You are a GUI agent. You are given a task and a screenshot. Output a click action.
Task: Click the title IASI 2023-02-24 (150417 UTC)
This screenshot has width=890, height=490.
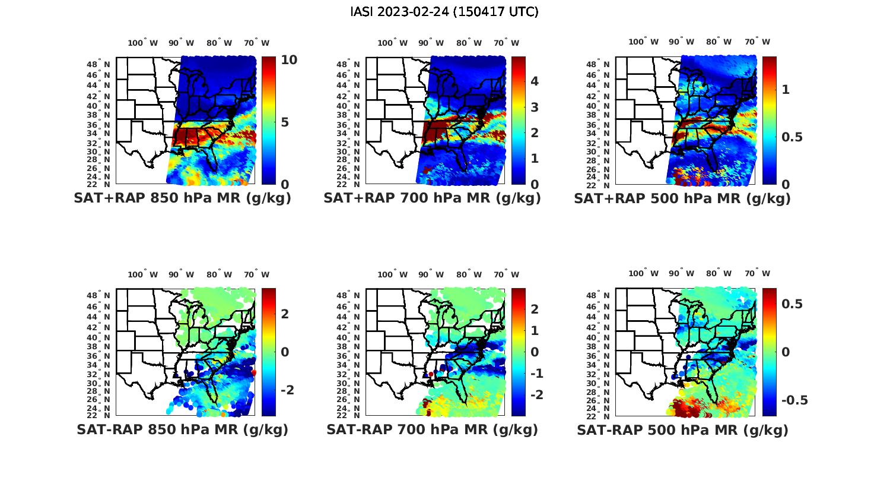[444, 12]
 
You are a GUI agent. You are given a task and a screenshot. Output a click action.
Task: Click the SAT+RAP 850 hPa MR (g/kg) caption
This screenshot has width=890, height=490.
[183, 198]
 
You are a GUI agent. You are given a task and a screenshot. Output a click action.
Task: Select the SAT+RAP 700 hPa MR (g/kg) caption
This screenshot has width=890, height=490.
[433, 198]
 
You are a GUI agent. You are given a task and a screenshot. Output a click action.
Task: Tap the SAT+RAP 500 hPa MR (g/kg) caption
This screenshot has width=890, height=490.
[682, 198]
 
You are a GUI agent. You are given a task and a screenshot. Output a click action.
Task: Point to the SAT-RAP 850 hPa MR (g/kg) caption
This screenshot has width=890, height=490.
[183, 429]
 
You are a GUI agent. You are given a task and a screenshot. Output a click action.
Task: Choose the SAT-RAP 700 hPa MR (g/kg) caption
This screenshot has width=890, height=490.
[433, 429]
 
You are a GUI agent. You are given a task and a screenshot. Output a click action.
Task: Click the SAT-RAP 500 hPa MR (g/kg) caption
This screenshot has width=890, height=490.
[682, 429]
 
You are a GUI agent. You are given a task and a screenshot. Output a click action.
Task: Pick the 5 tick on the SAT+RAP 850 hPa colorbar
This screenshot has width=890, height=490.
[285, 122]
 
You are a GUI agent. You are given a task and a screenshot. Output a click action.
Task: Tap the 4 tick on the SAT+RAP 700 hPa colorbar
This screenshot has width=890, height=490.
[534, 81]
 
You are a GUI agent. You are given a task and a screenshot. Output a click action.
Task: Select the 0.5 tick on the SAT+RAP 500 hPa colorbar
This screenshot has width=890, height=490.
[793, 137]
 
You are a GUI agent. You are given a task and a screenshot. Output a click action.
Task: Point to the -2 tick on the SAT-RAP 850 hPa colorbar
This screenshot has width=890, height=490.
[287, 390]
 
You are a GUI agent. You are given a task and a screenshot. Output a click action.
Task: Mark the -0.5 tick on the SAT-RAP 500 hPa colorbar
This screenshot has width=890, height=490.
[794, 400]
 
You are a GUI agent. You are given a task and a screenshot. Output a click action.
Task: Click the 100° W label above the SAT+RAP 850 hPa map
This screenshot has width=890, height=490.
[143, 43]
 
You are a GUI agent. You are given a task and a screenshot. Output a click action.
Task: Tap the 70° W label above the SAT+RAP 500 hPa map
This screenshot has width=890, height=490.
[757, 42]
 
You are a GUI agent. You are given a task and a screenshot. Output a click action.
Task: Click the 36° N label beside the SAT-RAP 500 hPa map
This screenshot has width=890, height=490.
[599, 356]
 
